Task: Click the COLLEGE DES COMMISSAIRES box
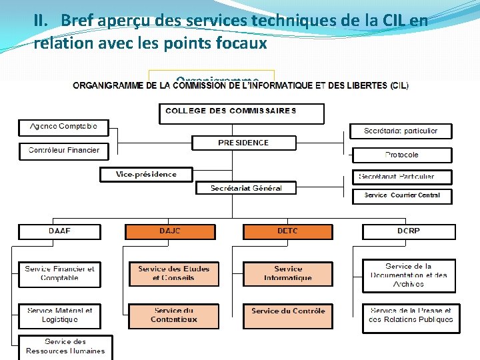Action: coord(241,113)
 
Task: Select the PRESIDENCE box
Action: coord(243,143)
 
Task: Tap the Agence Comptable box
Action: coord(63,127)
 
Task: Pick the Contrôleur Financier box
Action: coord(63,151)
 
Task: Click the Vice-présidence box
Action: coord(146,175)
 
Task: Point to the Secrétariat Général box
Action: coord(246,188)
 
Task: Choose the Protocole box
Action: coord(402,155)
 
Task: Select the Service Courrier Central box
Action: coord(402,195)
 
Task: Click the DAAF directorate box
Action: coord(59,231)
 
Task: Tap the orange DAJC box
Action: coord(170,231)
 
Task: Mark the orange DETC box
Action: coord(287,231)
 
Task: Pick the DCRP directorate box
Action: coord(409,231)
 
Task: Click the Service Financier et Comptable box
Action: coord(59,274)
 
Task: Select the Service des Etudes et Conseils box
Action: coord(173,274)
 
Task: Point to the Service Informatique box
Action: coord(287,274)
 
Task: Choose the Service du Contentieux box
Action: coord(173,315)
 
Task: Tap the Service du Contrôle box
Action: coord(287,315)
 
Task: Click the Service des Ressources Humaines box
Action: coord(65,347)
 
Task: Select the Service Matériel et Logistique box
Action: coord(59,315)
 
